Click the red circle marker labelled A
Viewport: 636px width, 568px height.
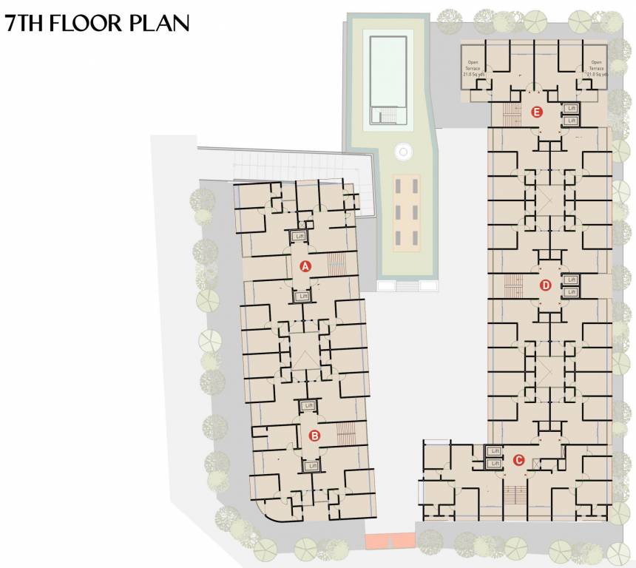tap(304, 265)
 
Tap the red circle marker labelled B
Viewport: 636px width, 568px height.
tap(314, 436)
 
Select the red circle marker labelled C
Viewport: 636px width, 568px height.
tap(518, 460)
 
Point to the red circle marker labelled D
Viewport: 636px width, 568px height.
tap(546, 285)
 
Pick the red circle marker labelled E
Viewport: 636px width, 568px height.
tap(538, 113)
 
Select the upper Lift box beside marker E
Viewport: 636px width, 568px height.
tap(570, 108)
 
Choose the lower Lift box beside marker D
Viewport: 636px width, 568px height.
tap(570, 292)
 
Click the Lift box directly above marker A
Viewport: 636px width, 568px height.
tap(300, 237)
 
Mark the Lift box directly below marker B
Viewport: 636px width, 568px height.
tap(311, 466)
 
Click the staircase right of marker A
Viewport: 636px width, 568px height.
tap(336, 263)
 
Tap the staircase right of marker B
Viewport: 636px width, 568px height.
tap(346, 433)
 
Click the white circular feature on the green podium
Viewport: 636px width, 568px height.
tap(403, 152)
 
